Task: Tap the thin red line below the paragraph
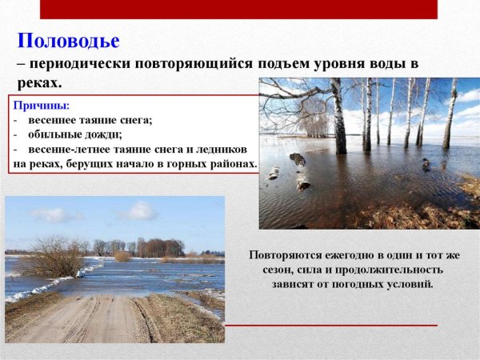[331, 326]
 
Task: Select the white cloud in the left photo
[136, 211]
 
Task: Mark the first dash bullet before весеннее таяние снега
[16, 120]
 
